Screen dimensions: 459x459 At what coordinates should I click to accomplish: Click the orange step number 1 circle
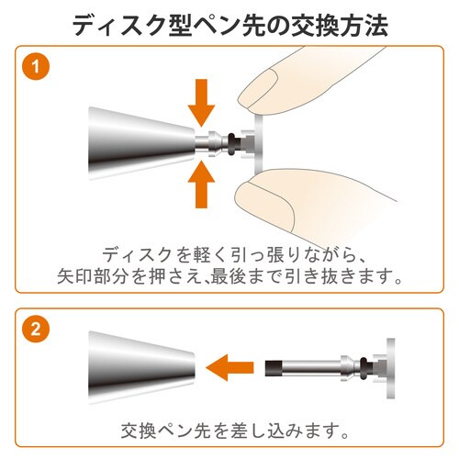pyautogui.click(x=36, y=66)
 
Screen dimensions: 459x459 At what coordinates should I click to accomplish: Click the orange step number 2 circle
pyautogui.click(x=36, y=329)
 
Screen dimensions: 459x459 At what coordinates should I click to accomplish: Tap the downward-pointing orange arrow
pyautogui.click(x=201, y=103)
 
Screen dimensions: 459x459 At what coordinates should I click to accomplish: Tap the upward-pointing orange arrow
pyautogui.click(x=201, y=185)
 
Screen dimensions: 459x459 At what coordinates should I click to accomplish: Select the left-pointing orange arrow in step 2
pyautogui.click(x=229, y=367)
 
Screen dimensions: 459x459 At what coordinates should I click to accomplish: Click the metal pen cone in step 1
pyautogui.click(x=141, y=143)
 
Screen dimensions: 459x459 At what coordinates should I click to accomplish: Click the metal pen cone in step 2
pyautogui.click(x=141, y=367)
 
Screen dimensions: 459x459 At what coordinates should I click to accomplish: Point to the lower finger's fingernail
pyautogui.click(x=263, y=205)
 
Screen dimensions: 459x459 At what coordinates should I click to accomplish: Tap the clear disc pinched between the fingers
pyautogui.click(x=259, y=143)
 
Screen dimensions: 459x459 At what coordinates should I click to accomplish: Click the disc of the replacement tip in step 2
pyautogui.click(x=391, y=368)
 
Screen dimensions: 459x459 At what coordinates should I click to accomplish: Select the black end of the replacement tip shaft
pyautogui.click(x=272, y=367)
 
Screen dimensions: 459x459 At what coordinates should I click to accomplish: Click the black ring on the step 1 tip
pyautogui.click(x=232, y=143)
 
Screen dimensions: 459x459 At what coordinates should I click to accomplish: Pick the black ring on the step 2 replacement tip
pyautogui.click(x=364, y=368)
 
